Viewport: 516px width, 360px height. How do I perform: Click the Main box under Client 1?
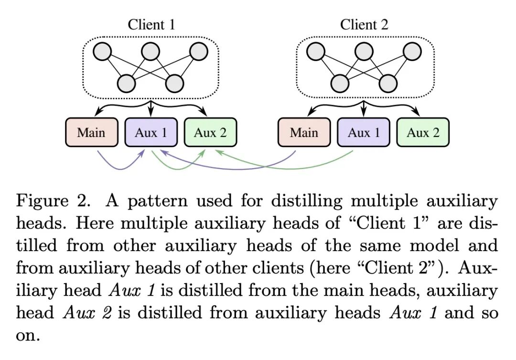point(91,132)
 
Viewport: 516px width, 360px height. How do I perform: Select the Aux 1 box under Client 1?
point(151,132)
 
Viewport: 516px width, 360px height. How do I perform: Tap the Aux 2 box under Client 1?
point(210,132)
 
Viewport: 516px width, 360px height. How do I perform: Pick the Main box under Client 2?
point(304,132)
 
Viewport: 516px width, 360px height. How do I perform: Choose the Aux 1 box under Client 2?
point(364,132)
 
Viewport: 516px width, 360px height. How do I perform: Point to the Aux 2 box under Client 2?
point(423,132)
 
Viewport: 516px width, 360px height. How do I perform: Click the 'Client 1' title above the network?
point(151,24)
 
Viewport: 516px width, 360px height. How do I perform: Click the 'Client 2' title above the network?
point(364,24)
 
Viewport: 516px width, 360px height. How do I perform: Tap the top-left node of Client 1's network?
point(102,52)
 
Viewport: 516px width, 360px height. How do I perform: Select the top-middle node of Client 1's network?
point(150,52)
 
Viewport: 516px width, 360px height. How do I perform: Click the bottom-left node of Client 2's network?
point(340,83)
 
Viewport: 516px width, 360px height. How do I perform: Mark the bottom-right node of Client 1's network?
point(174,83)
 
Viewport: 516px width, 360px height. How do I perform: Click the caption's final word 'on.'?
point(28,336)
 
